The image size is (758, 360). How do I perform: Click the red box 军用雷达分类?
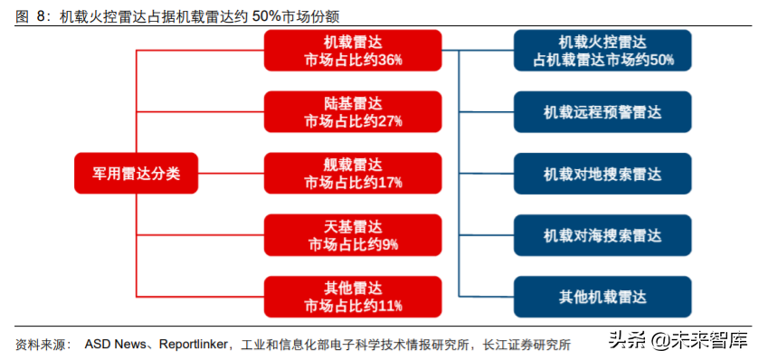136,173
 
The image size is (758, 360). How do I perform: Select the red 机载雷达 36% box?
353,51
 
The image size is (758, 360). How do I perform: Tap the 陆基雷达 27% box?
353,112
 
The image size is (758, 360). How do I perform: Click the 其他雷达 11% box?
353,297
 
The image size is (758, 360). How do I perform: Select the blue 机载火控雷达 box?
603,51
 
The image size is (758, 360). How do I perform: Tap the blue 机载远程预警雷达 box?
603,112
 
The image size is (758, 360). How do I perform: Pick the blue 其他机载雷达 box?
603,297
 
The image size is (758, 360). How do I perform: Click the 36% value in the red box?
390,61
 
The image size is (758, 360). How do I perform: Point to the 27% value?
390,121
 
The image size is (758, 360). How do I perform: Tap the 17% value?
390,183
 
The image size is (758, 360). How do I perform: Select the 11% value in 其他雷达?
390,306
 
